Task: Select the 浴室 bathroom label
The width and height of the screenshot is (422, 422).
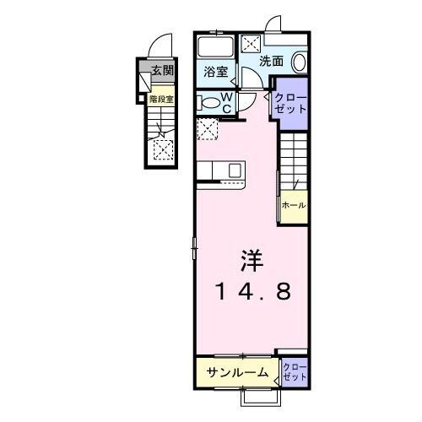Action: point(215,73)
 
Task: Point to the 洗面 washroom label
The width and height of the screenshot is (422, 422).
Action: point(270,62)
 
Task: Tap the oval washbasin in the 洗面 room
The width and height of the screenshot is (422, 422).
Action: point(300,62)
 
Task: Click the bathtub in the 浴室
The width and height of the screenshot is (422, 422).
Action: point(218,46)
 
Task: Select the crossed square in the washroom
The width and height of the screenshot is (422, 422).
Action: point(252,44)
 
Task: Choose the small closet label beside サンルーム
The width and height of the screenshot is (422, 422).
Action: point(295,372)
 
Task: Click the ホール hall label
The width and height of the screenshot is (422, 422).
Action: point(293,205)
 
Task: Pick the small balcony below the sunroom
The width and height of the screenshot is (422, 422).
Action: point(261,396)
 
